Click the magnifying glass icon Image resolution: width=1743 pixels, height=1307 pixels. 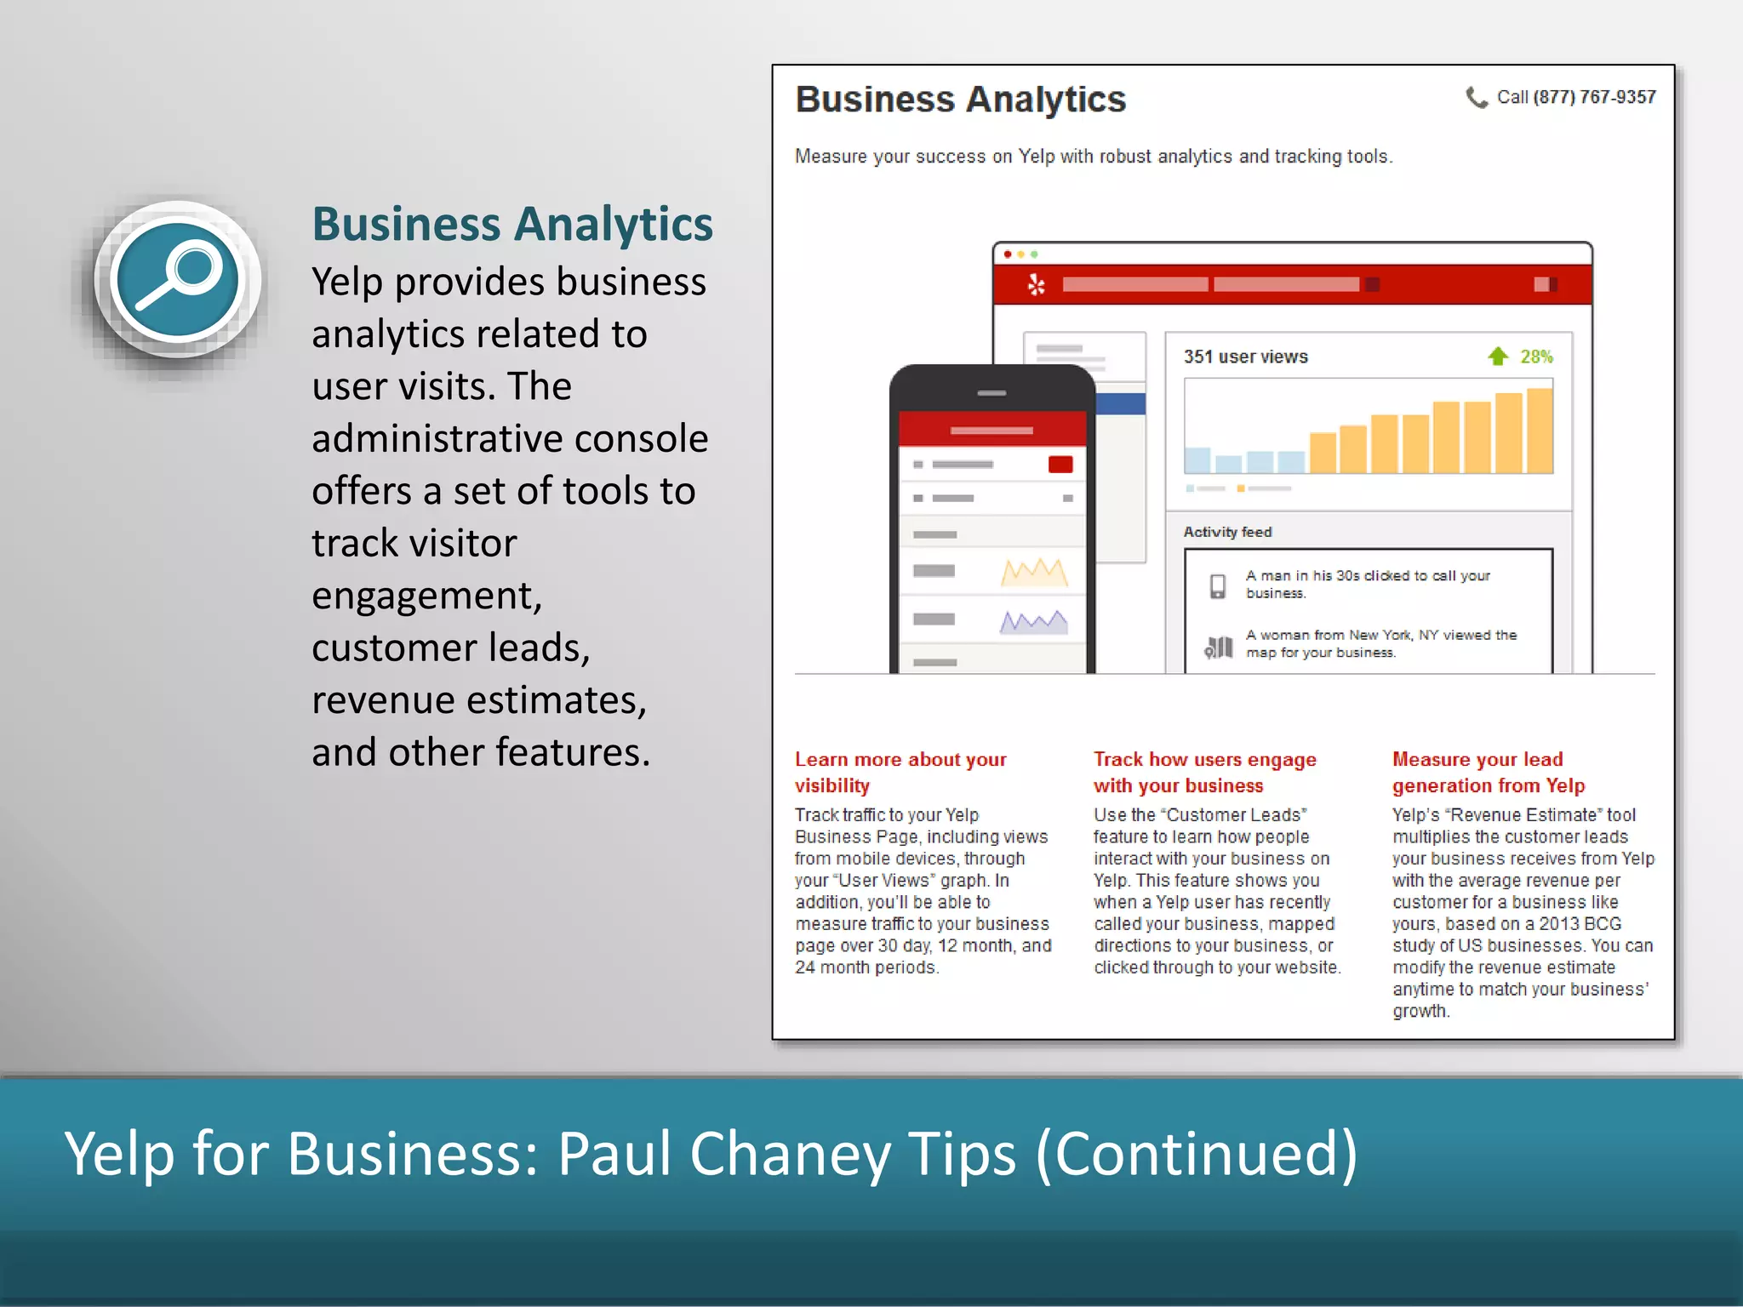[x=178, y=279]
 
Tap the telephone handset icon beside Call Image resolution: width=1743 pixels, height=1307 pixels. [x=1477, y=98]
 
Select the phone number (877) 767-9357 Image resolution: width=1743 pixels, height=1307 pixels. [x=1594, y=97]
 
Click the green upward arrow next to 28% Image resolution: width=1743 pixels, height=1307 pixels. [x=1498, y=357]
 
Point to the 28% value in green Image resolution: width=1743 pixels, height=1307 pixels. [x=1537, y=357]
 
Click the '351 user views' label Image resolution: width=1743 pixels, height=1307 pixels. [x=1245, y=357]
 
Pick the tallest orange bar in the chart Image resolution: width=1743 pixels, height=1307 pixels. [x=1540, y=430]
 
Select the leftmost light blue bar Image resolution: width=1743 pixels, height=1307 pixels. [x=1197, y=459]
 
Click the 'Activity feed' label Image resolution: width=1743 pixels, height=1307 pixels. [x=1227, y=532]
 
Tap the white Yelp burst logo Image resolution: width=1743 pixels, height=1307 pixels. [x=1036, y=284]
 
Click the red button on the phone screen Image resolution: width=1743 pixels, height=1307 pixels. [x=1060, y=465]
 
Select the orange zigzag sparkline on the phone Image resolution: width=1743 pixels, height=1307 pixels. [x=1034, y=573]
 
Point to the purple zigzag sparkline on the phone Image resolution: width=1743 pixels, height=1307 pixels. [x=1033, y=622]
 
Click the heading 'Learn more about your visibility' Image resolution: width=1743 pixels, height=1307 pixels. [x=900, y=772]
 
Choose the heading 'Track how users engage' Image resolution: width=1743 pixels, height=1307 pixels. [x=1204, y=759]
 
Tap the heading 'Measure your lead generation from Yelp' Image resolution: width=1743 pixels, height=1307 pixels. [x=1488, y=772]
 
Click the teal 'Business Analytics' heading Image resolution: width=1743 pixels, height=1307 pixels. [x=512, y=224]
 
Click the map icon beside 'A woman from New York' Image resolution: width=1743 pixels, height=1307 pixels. [x=1219, y=648]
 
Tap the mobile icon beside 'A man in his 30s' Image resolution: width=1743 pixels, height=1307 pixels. [x=1218, y=585]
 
